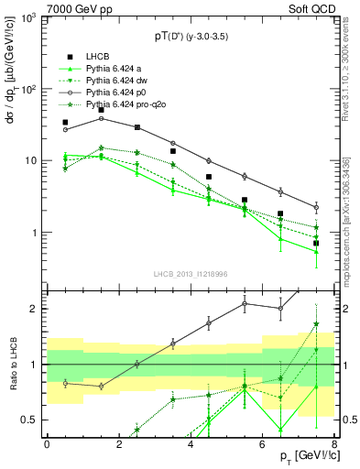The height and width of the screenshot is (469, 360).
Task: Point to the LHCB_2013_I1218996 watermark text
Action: coord(191,275)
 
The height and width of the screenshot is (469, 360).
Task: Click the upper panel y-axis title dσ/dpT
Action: coord(12,101)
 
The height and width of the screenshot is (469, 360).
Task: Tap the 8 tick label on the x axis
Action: coord(334,445)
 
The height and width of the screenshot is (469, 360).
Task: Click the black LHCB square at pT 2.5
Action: coord(137,127)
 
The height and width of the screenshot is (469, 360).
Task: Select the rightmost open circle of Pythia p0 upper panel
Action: coord(316,208)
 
